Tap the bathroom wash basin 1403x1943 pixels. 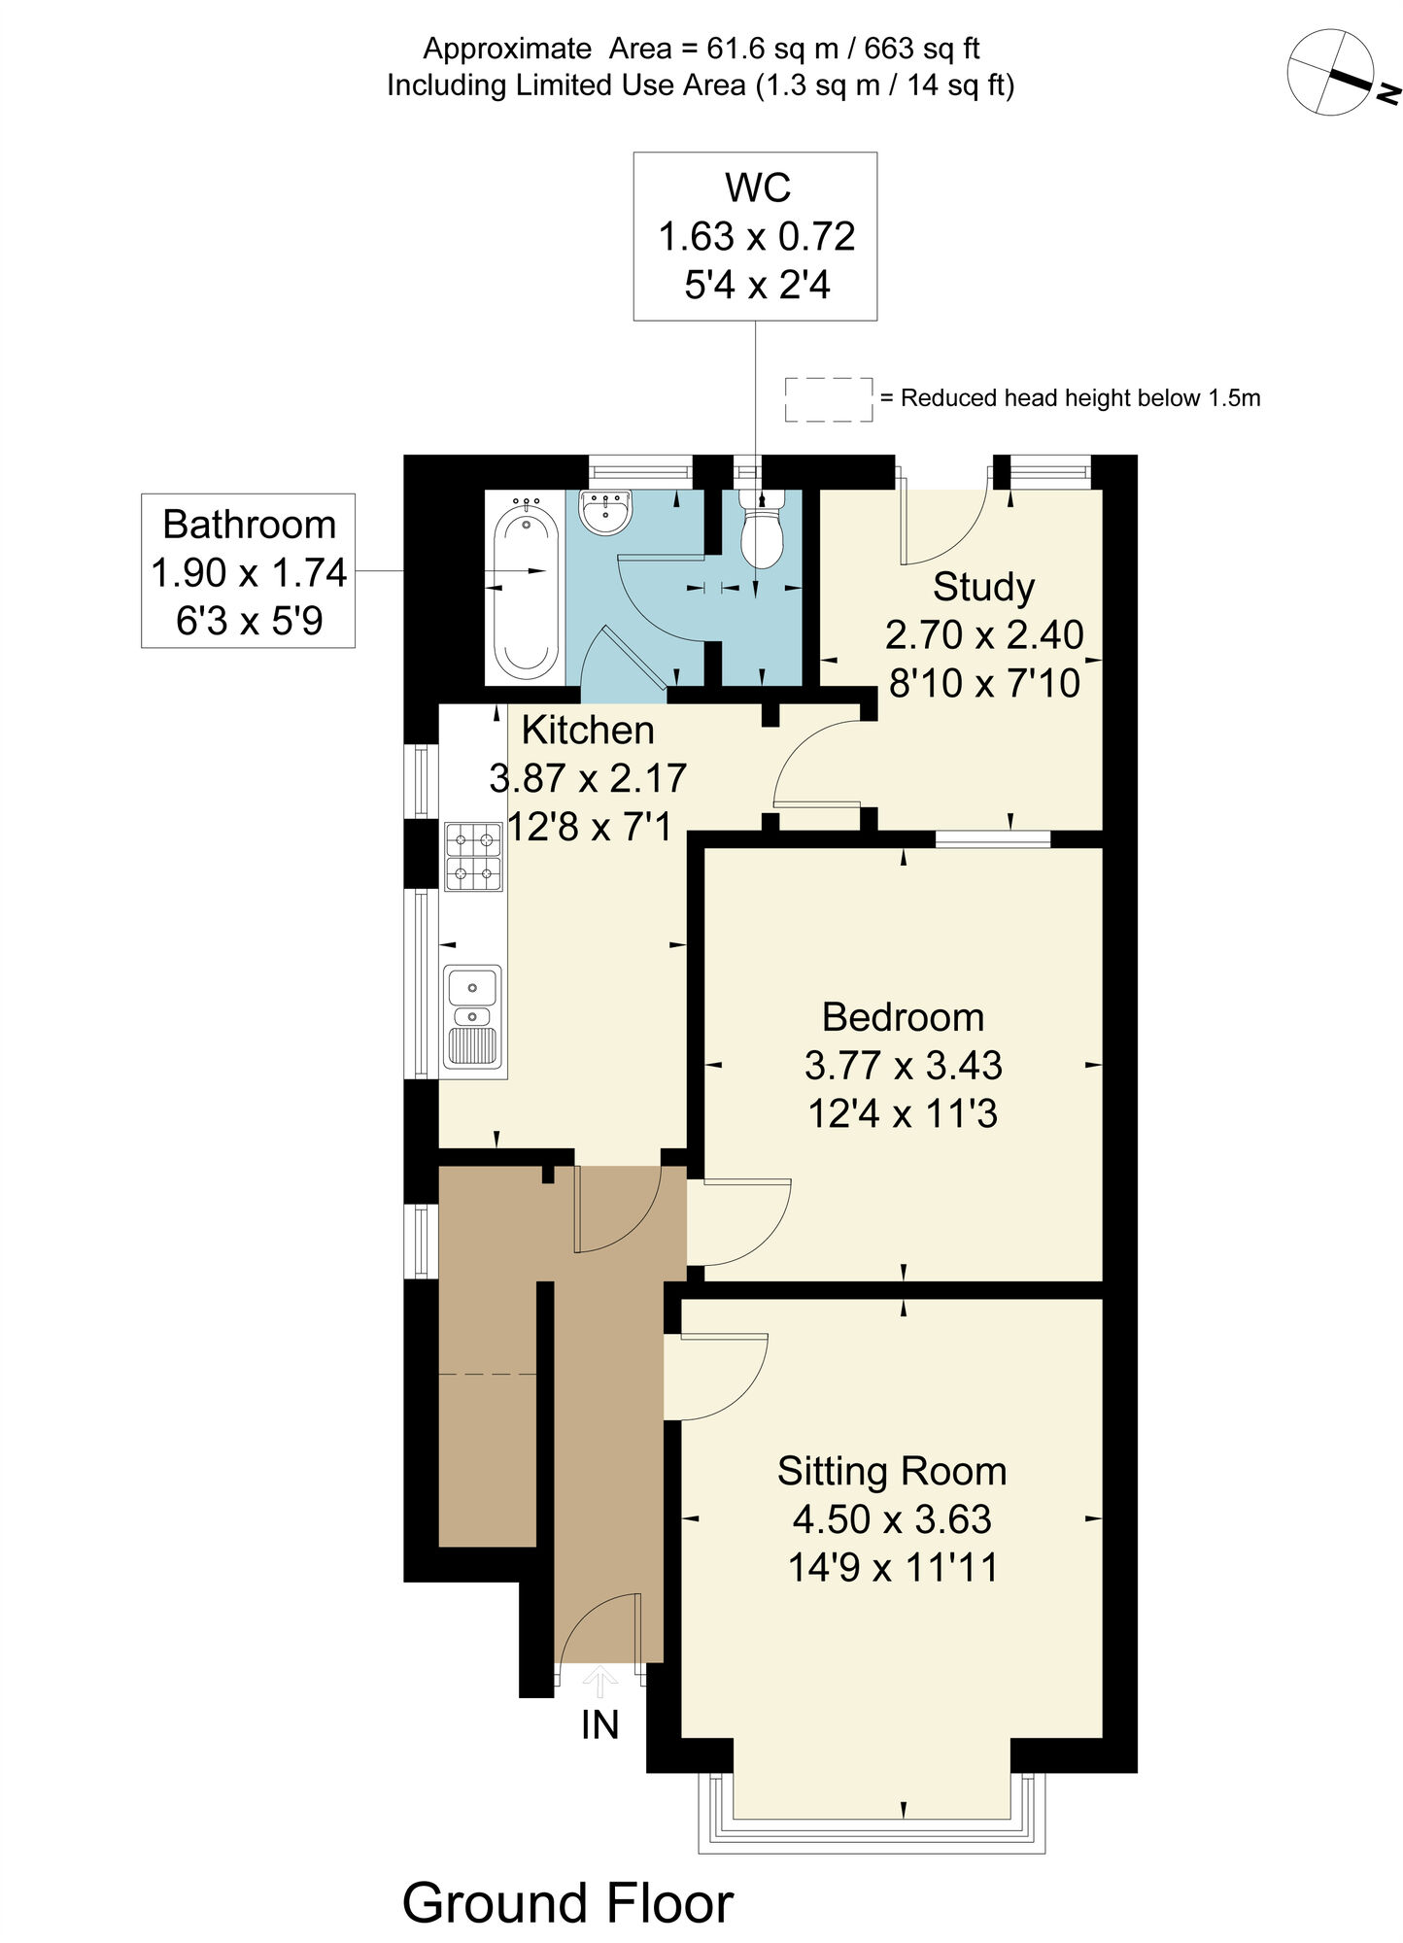[x=606, y=512]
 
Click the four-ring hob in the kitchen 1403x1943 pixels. [x=473, y=856]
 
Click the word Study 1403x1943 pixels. [x=983, y=587]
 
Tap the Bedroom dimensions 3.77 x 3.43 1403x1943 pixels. [x=903, y=1065]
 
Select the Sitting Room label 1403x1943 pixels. [x=891, y=1471]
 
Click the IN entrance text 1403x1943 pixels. [x=599, y=1724]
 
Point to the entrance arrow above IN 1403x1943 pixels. [x=599, y=1680]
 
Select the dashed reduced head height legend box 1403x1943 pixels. [x=829, y=399]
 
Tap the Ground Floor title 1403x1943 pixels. [x=567, y=1902]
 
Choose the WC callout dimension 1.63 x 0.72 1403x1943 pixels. [x=756, y=236]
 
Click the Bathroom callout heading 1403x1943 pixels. [x=249, y=525]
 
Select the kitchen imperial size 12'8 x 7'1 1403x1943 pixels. [x=589, y=827]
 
